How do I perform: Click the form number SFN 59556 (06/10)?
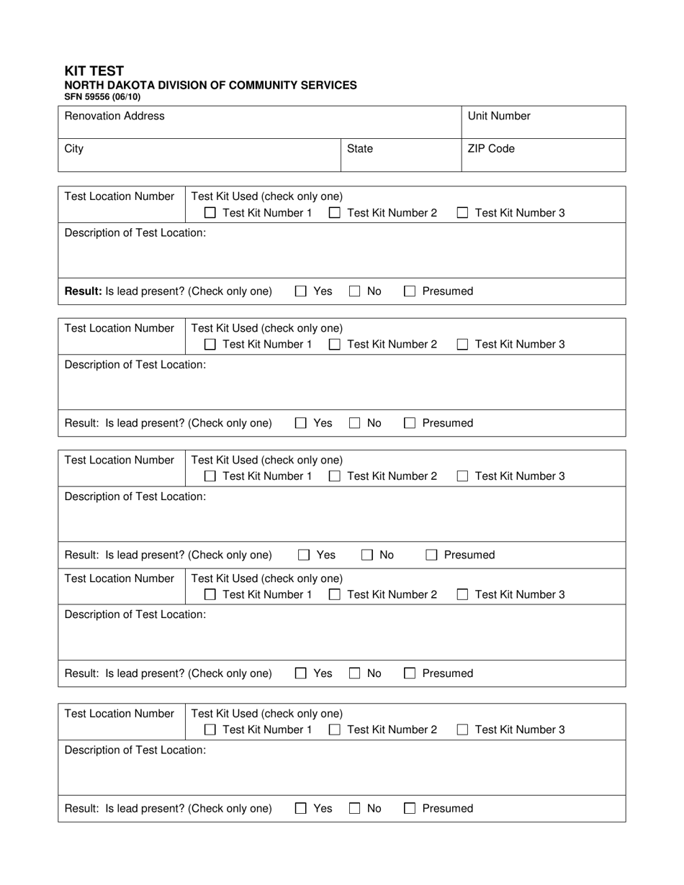(102, 96)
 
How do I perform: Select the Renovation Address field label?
(114, 116)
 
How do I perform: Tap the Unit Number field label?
(499, 116)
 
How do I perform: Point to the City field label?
(74, 149)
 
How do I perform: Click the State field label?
(360, 149)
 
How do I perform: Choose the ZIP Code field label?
(491, 149)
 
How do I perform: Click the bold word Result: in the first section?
(84, 291)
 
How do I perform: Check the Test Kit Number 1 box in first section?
(210, 213)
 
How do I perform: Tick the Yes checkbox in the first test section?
(301, 291)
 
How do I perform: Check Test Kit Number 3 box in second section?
(463, 345)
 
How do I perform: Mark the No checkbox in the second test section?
(355, 423)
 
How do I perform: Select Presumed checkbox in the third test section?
(431, 555)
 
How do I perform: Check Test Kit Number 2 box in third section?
(335, 476)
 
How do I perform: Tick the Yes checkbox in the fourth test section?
(301, 673)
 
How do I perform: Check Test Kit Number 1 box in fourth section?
(210, 594)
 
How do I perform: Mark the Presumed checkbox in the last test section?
(410, 809)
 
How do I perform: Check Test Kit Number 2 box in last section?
(335, 730)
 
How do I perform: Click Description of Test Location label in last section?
(135, 750)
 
